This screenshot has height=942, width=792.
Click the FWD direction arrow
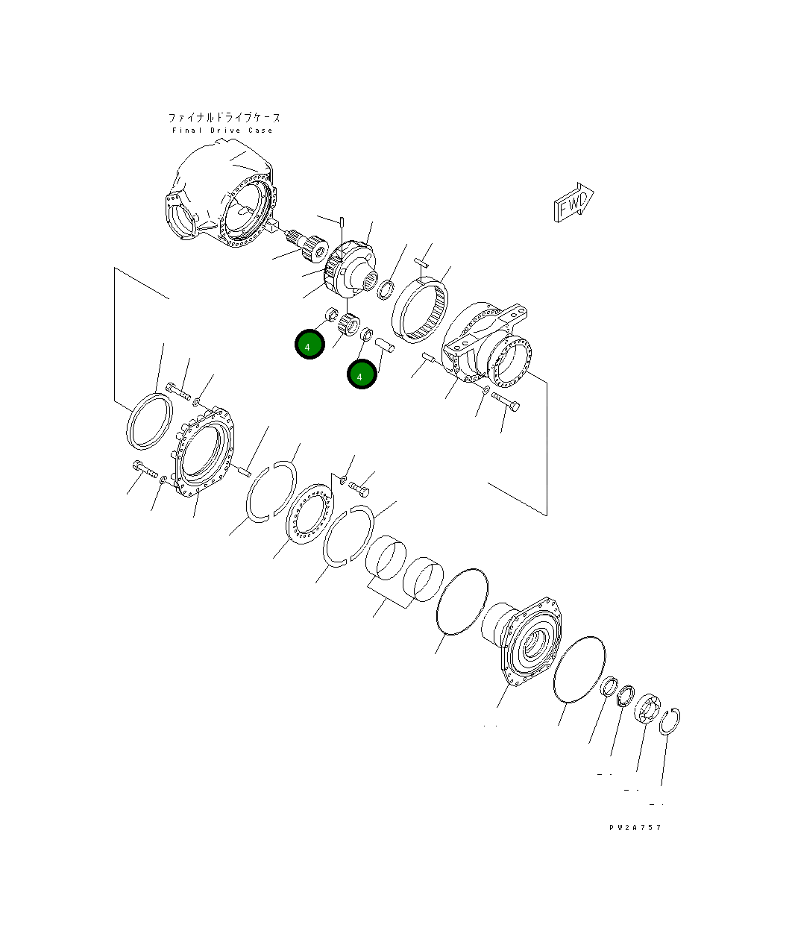[x=573, y=203]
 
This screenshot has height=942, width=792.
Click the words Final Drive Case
[x=223, y=131]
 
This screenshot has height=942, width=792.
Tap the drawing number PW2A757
[x=635, y=827]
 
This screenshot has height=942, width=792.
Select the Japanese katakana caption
[x=224, y=118]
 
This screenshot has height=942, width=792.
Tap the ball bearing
[x=647, y=709]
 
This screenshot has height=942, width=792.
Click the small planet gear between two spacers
[x=350, y=324]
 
